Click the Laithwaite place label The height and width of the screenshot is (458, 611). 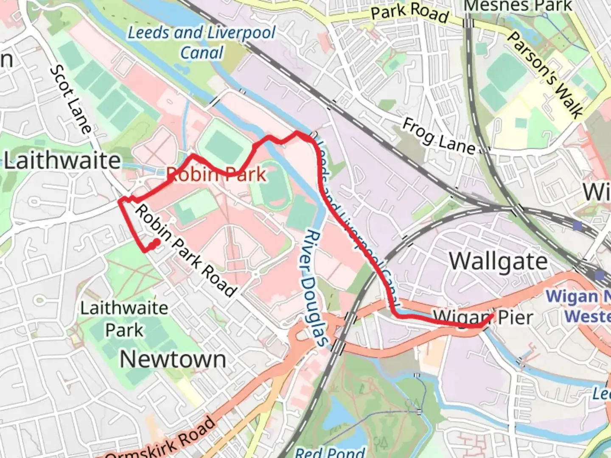(62, 161)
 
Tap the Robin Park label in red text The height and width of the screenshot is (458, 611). (216, 174)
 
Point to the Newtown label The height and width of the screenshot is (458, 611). (173, 359)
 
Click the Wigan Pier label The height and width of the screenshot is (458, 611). (483, 317)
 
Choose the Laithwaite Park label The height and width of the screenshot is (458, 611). (124, 319)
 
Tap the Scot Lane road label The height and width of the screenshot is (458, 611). (71, 99)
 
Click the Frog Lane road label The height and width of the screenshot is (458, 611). (439, 137)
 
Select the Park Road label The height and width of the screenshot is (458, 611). (409, 13)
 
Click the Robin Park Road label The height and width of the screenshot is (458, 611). (185, 251)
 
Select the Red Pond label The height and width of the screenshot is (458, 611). (330, 452)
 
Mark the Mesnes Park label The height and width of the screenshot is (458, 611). (518, 6)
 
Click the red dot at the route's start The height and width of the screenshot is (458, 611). (156, 242)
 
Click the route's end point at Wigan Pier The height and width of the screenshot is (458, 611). (491, 316)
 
